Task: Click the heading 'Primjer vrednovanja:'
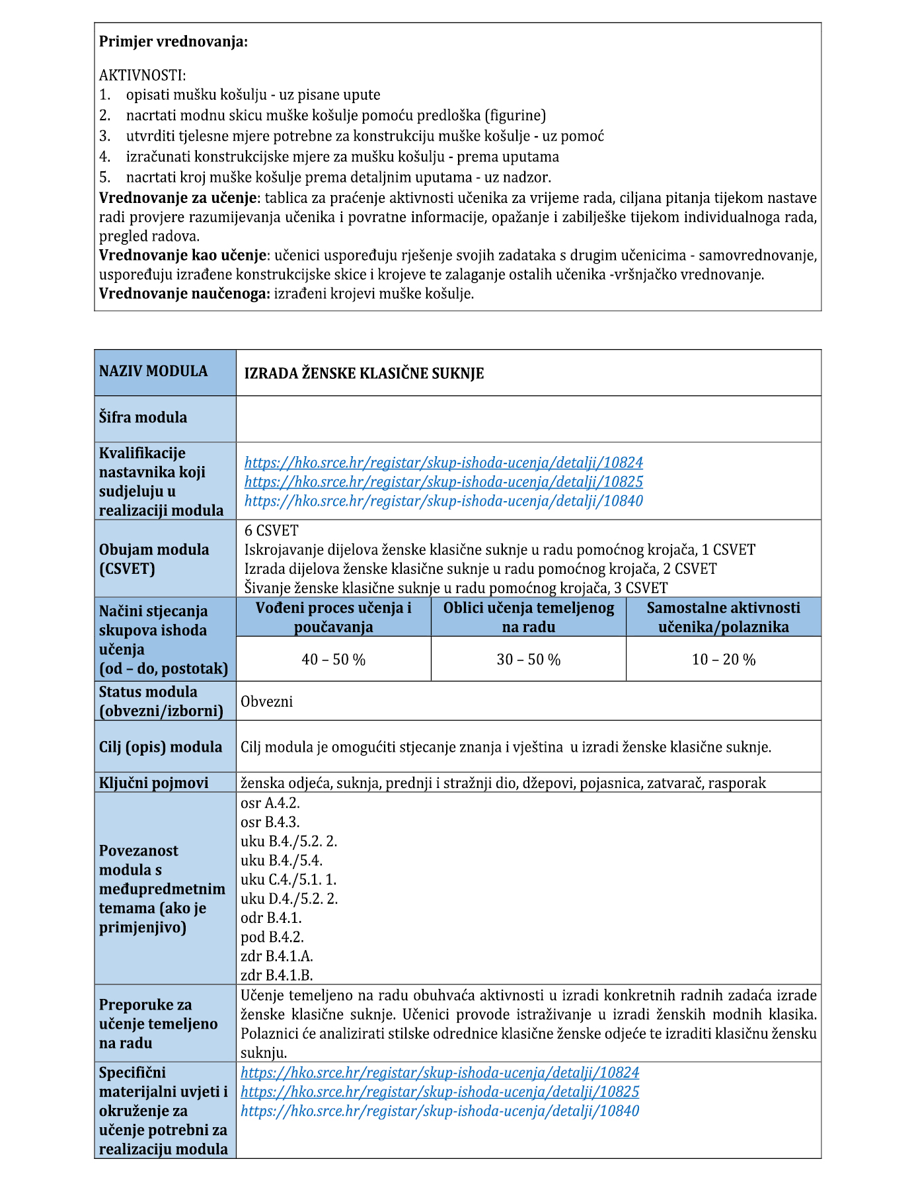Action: tap(173, 42)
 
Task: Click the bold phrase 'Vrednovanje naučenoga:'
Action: tap(184, 294)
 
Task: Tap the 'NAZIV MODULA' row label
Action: tap(153, 372)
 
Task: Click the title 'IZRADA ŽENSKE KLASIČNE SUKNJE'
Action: tap(364, 374)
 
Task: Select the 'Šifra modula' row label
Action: tap(143, 417)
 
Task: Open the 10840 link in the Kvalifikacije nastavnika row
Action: tap(443, 500)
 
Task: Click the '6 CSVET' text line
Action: tap(271, 530)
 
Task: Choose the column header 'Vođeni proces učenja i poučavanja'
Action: tap(333, 617)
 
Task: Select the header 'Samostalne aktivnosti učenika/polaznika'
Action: tap(723, 617)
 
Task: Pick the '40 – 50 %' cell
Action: tap(333, 659)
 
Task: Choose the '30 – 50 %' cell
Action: tap(528, 659)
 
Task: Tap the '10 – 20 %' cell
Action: tap(723, 659)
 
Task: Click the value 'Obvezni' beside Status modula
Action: tap(266, 701)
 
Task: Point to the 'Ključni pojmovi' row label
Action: tap(153, 783)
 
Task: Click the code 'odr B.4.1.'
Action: tap(271, 918)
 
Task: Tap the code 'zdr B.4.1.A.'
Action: tap(277, 956)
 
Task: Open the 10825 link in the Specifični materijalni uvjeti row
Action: tap(439, 1091)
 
